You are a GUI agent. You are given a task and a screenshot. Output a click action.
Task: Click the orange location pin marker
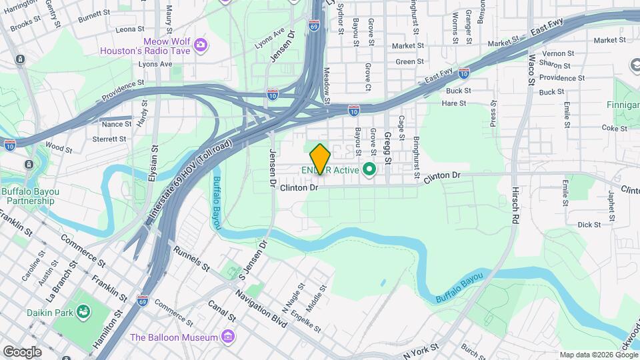coord(321,159)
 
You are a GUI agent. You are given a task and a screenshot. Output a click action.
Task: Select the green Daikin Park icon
coord(83,311)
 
